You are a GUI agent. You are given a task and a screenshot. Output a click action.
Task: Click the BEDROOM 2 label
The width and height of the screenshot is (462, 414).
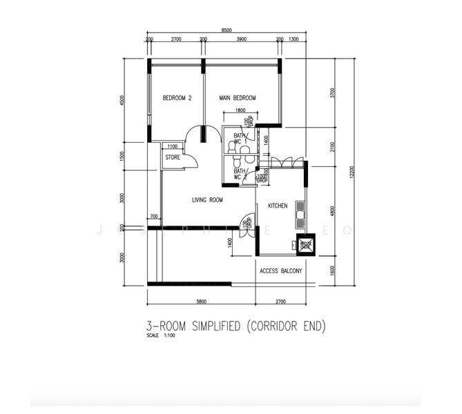coord(177,99)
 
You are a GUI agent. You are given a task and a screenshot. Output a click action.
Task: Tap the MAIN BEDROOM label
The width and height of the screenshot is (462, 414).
coord(238,99)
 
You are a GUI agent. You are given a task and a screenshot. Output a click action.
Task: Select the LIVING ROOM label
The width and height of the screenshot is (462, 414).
coord(207,200)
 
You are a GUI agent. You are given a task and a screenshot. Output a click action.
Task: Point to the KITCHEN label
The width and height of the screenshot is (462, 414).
coord(278,206)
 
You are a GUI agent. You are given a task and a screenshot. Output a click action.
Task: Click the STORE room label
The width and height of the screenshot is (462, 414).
coord(173,158)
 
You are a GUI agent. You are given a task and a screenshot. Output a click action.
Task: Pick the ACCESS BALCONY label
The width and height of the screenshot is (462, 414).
coord(281,271)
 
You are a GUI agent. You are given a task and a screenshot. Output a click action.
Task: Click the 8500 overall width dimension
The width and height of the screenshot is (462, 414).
coord(227,30)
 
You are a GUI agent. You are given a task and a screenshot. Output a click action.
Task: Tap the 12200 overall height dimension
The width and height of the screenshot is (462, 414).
coord(352,172)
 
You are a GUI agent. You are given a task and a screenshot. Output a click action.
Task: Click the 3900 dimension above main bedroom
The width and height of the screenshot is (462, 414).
coord(242,40)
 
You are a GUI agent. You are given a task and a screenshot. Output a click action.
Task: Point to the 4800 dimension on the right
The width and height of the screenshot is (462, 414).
coord(332,212)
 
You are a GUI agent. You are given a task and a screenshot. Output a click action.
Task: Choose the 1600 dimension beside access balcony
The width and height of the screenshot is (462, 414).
coord(332,270)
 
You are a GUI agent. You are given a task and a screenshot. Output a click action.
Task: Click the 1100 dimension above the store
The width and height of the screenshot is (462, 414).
coord(172,146)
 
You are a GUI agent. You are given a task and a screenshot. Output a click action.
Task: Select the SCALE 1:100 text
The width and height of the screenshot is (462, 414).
coord(162,336)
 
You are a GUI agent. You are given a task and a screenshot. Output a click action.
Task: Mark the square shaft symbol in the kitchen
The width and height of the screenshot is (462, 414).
coord(305,244)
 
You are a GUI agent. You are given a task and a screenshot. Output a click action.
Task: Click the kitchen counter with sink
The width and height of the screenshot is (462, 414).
coord(301,213)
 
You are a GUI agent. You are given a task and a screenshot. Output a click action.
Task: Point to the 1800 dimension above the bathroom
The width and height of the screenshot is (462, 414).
coord(240,110)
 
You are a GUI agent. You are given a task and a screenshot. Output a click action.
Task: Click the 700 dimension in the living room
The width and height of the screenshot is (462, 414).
coord(154,217)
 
